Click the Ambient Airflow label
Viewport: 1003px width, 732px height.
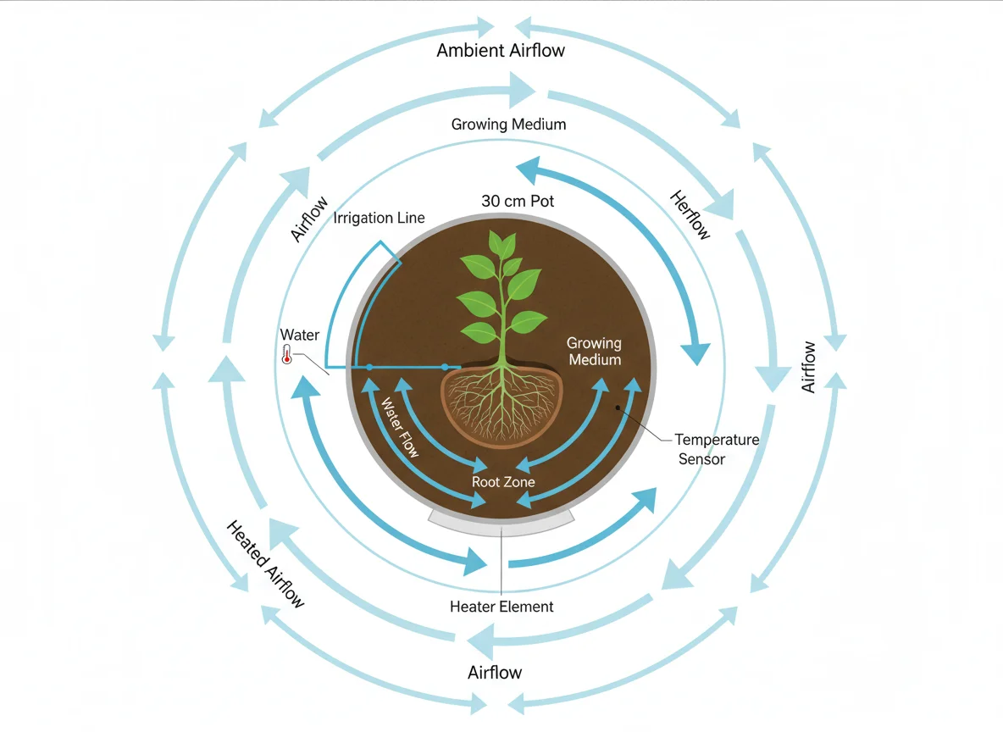[x=501, y=51]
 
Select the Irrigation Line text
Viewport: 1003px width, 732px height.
[x=380, y=219]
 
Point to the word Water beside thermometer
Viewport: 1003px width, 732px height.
[x=300, y=335]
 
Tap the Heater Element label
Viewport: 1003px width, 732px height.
[x=501, y=607]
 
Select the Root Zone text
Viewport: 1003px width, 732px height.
[x=503, y=482]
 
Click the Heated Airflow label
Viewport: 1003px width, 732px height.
[x=265, y=564]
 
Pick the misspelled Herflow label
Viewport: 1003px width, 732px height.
[x=690, y=215]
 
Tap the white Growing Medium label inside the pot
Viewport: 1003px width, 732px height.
[x=594, y=352]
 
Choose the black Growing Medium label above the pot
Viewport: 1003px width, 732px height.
[x=508, y=125]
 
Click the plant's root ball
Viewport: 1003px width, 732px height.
[x=503, y=405]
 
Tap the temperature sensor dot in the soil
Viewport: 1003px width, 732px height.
[x=619, y=408]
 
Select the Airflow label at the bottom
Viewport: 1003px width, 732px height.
[x=495, y=673]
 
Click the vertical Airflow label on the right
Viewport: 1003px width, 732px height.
[x=809, y=367]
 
